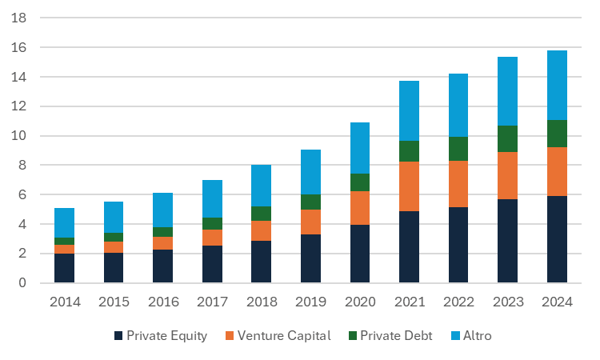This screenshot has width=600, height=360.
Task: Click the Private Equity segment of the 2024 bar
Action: (x=557, y=239)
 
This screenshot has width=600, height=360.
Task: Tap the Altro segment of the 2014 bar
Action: (x=64, y=222)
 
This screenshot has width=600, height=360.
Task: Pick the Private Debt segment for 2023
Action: (x=507, y=138)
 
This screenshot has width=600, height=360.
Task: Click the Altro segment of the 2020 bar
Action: (x=359, y=148)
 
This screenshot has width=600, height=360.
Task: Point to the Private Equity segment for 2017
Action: (x=212, y=264)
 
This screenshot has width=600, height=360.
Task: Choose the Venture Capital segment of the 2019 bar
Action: (x=310, y=222)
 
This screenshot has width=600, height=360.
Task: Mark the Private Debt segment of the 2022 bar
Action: (x=458, y=149)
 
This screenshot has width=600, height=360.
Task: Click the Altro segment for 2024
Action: (x=557, y=85)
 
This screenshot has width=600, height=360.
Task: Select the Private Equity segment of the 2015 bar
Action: (x=114, y=267)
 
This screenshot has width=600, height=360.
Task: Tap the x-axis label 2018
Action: (x=261, y=302)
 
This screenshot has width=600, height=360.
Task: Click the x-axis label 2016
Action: (x=162, y=302)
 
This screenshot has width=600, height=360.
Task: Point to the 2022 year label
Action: (x=458, y=302)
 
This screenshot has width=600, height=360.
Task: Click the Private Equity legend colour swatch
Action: (x=119, y=336)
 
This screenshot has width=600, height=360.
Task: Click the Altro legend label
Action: (x=477, y=336)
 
